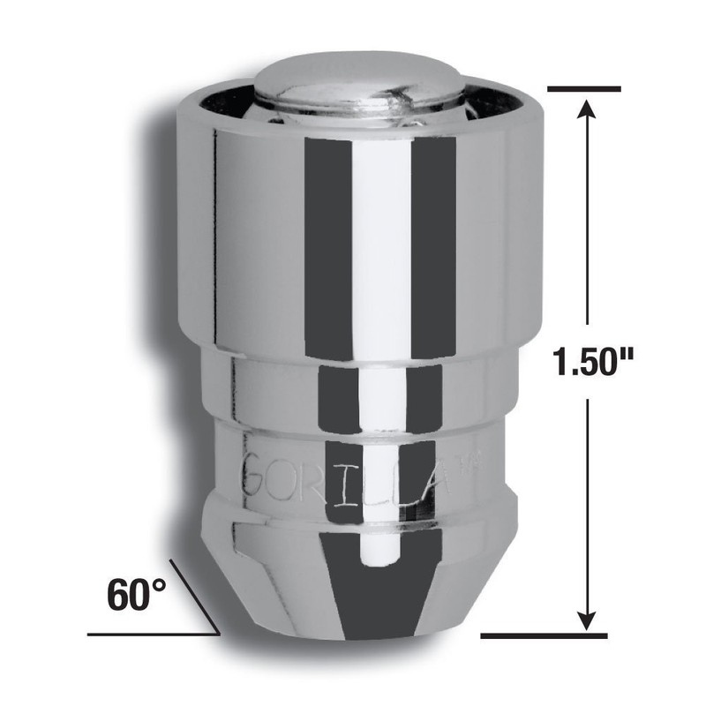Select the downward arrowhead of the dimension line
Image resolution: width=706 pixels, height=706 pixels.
tap(583, 623)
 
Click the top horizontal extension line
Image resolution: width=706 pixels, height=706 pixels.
tap(584, 87)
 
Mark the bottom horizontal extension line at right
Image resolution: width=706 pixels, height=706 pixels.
tap(545, 635)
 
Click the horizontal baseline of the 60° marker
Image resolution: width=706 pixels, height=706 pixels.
tap(150, 634)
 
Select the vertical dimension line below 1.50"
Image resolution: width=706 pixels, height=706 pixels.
tap(583, 503)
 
